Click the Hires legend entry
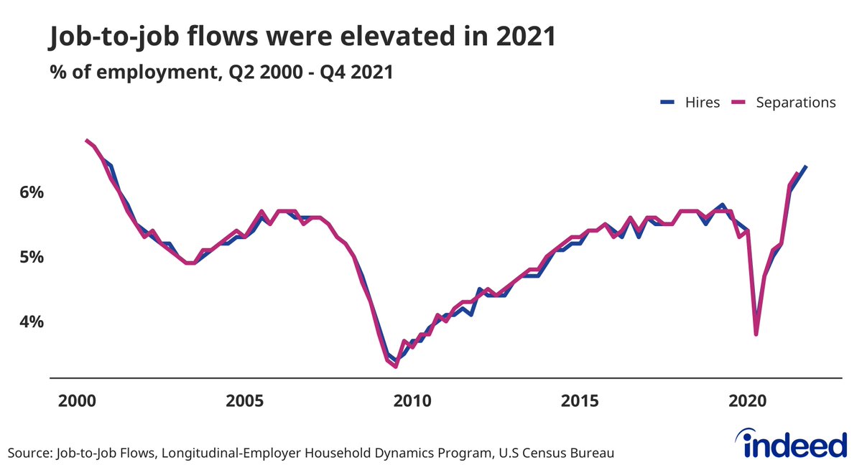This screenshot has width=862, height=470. [690, 103]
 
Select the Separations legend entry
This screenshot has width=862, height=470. [783, 103]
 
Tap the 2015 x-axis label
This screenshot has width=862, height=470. [580, 400]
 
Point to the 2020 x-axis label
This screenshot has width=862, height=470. [748, 400]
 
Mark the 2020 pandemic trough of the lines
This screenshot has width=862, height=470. [756, 334]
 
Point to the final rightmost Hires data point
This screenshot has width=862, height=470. [806, 166]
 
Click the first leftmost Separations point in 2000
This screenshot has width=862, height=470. [86, 140]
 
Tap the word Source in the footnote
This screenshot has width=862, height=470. [28, 453]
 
